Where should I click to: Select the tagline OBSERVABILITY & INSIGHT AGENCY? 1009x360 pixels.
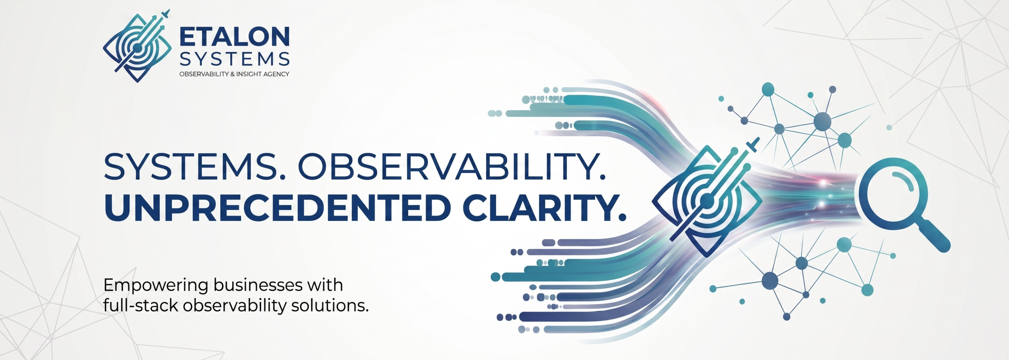[234, 74]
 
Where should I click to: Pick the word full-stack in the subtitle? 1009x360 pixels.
[141, 305]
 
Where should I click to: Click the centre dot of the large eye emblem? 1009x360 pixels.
[707, 201]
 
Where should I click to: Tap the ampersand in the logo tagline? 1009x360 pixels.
[232, 74]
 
